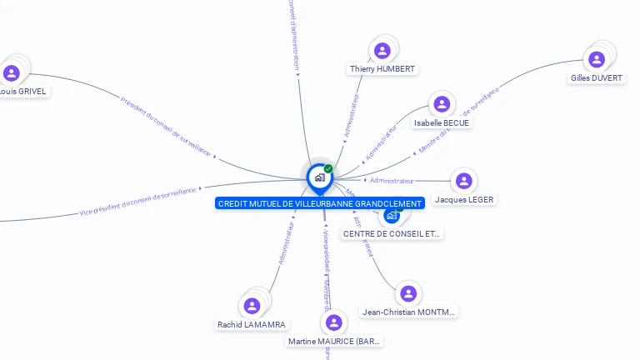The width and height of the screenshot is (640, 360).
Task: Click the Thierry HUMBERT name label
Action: click(x=382, y=69)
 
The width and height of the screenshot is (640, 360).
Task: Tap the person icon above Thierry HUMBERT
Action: click(x=382, y=50)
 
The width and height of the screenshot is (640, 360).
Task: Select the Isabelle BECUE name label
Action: click(x=442, y=123)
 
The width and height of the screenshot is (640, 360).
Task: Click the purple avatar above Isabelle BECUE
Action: click(x=442, y=104)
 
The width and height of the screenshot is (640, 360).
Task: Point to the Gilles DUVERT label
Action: click(x=597, y=78)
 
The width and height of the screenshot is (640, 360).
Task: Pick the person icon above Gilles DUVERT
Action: click(x=597, y=59)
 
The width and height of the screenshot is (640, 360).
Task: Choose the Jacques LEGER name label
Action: click(x=464, y=200)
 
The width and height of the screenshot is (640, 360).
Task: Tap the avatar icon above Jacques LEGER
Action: click(x=464, y=181)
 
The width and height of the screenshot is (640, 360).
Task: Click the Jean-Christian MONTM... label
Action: click(x=409, y=312)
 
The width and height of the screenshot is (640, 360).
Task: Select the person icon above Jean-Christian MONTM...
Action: click(x=408, y=293)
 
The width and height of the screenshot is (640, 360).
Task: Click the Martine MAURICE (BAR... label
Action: click(x=335, y=342)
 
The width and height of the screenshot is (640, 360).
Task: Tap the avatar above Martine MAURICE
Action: click(x=334, y=322)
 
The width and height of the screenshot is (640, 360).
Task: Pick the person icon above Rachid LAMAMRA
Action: click(x=252, y=306)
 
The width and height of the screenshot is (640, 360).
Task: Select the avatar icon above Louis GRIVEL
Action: click(x=12, y=73)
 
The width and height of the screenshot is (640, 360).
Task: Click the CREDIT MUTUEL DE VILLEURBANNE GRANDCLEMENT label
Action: click(x=320, y=203)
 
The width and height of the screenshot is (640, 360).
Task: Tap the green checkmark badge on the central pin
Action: click(x=328, y=169)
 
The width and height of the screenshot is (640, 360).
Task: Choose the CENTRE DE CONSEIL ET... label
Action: click(x=392, y=234)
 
